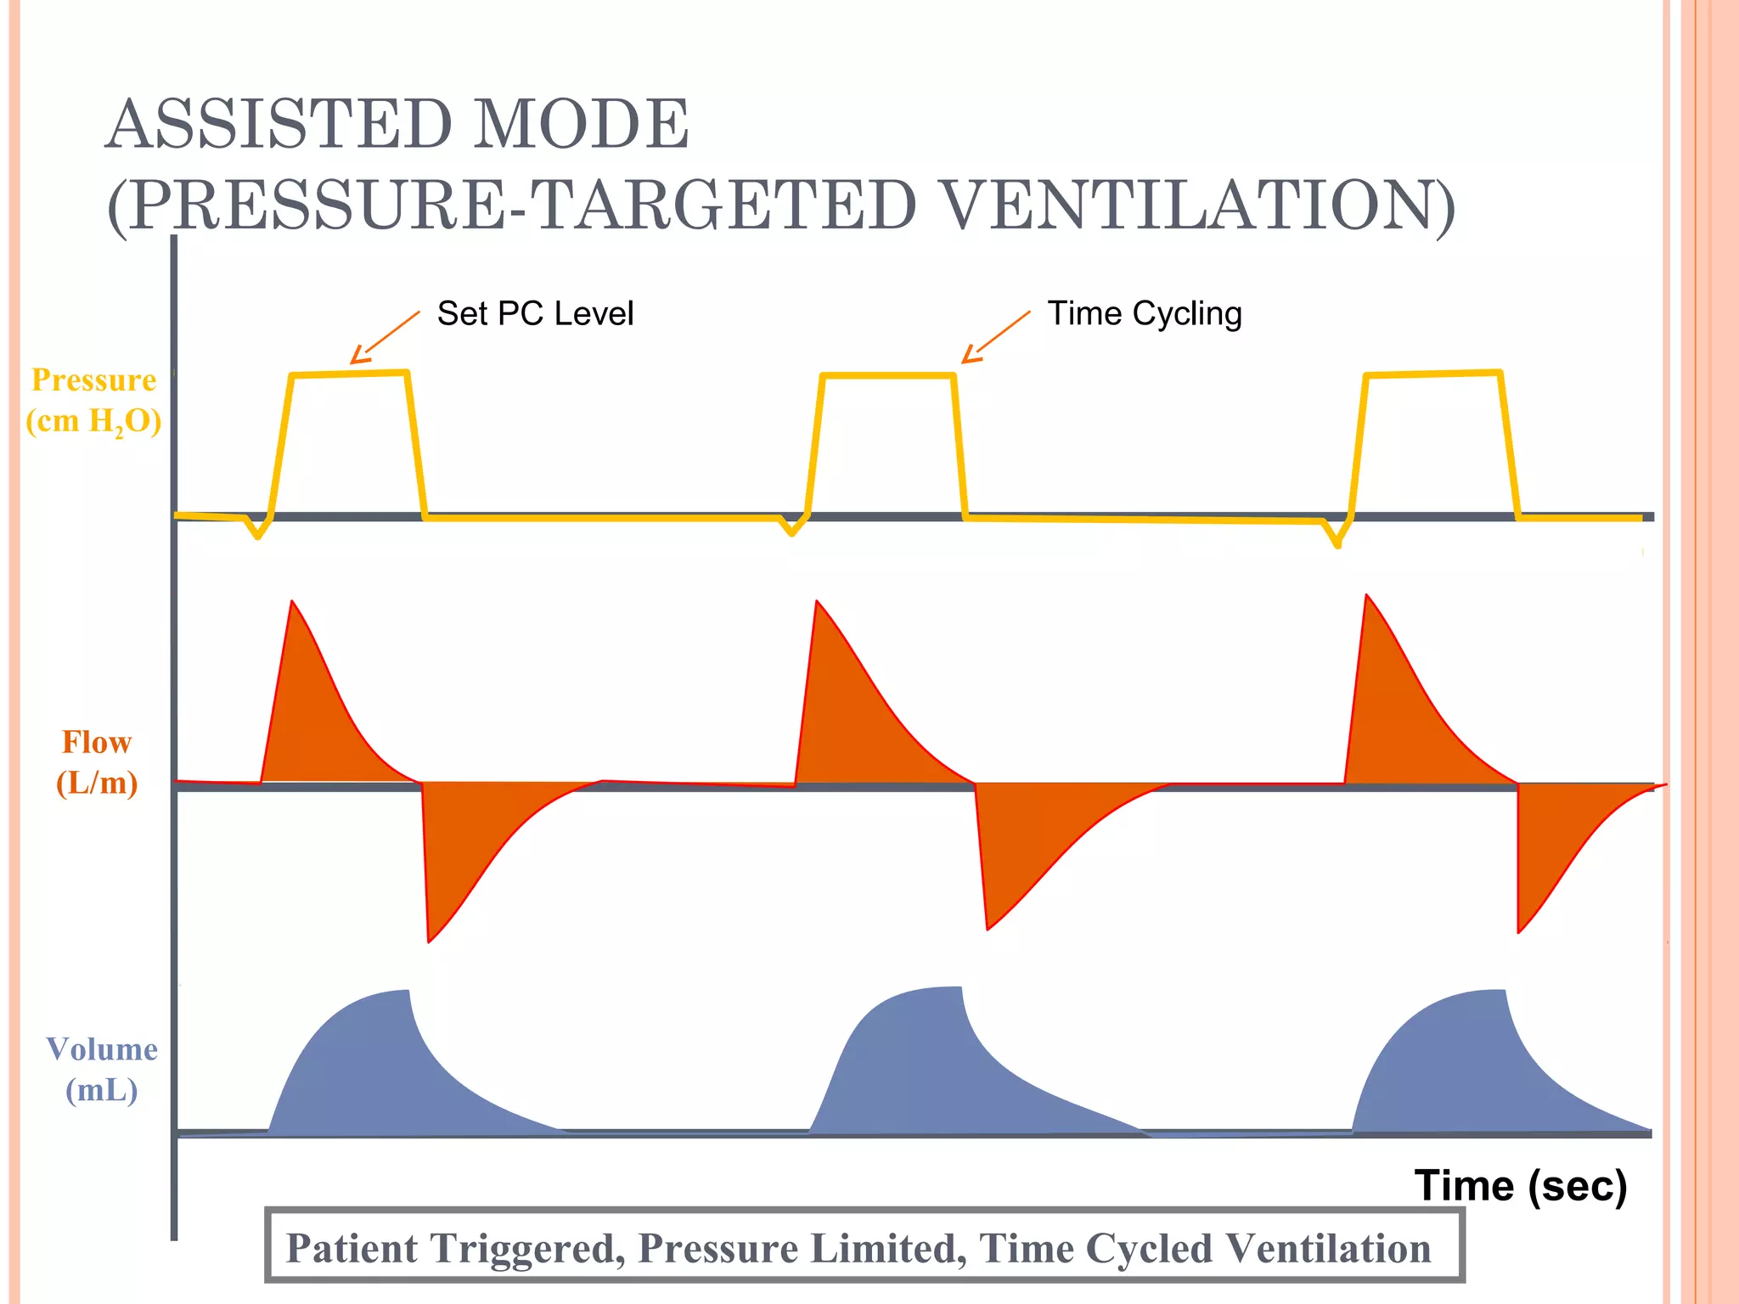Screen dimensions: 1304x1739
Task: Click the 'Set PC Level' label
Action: point(535,314)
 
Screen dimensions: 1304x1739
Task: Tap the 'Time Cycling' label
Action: point(1144,314)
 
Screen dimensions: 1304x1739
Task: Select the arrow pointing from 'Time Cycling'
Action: point(995,337)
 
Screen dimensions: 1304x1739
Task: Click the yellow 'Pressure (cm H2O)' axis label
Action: point(93,401)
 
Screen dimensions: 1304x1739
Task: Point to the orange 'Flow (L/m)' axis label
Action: point(97,762)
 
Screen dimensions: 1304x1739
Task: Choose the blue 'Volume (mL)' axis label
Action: point(102,1070)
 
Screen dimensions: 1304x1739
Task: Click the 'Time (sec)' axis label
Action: point(1520,1185)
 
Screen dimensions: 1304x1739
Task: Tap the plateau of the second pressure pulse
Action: point(888,375)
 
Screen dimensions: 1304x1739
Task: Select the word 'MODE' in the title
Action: point(581,124)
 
